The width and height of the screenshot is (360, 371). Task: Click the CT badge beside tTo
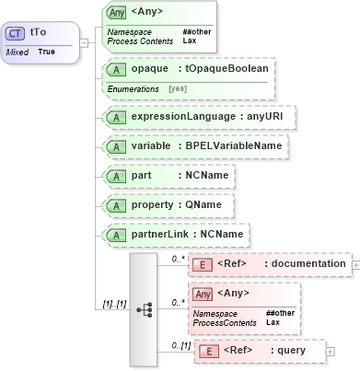(16, 32)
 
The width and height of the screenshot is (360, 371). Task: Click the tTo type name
(38, 32)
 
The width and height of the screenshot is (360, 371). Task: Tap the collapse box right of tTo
(84, 41)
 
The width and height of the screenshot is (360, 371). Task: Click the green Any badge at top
(117, 13)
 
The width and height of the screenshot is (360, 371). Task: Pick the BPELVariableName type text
(234, 146)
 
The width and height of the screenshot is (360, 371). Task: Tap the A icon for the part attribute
(117, 176)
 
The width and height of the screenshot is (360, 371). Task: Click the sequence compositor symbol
(145, 309)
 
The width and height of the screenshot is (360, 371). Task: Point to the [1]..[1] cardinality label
(110, 303)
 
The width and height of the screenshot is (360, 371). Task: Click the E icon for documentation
(209, 264)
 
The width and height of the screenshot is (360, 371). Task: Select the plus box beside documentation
(355, 264)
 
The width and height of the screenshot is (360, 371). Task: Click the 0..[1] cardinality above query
(182, 344)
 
